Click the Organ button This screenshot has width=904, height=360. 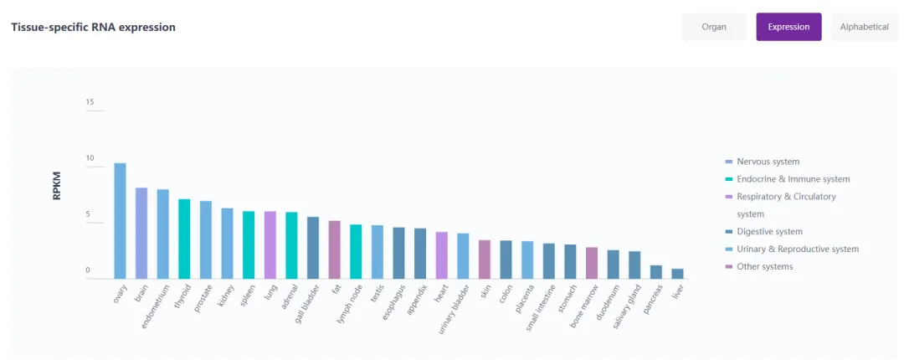tap(713, 27)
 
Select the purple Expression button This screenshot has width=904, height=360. tap(788, 27)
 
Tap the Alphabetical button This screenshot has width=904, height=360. tap(864, 27)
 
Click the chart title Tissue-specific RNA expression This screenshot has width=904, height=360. tap(93, 27)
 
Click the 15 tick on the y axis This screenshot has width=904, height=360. tap(90, 102)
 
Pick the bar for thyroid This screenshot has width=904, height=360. tap(184, 239)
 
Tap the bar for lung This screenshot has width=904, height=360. tap(270, 244)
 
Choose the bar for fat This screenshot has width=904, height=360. tap(334, 249)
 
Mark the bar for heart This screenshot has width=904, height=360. tap(441, 255)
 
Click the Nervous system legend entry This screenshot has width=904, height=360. tap(768, 162)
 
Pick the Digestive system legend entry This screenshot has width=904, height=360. tap(769, 232)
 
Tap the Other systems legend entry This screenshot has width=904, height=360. tap(764, 267)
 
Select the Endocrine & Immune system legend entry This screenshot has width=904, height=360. tap(793, 179)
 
